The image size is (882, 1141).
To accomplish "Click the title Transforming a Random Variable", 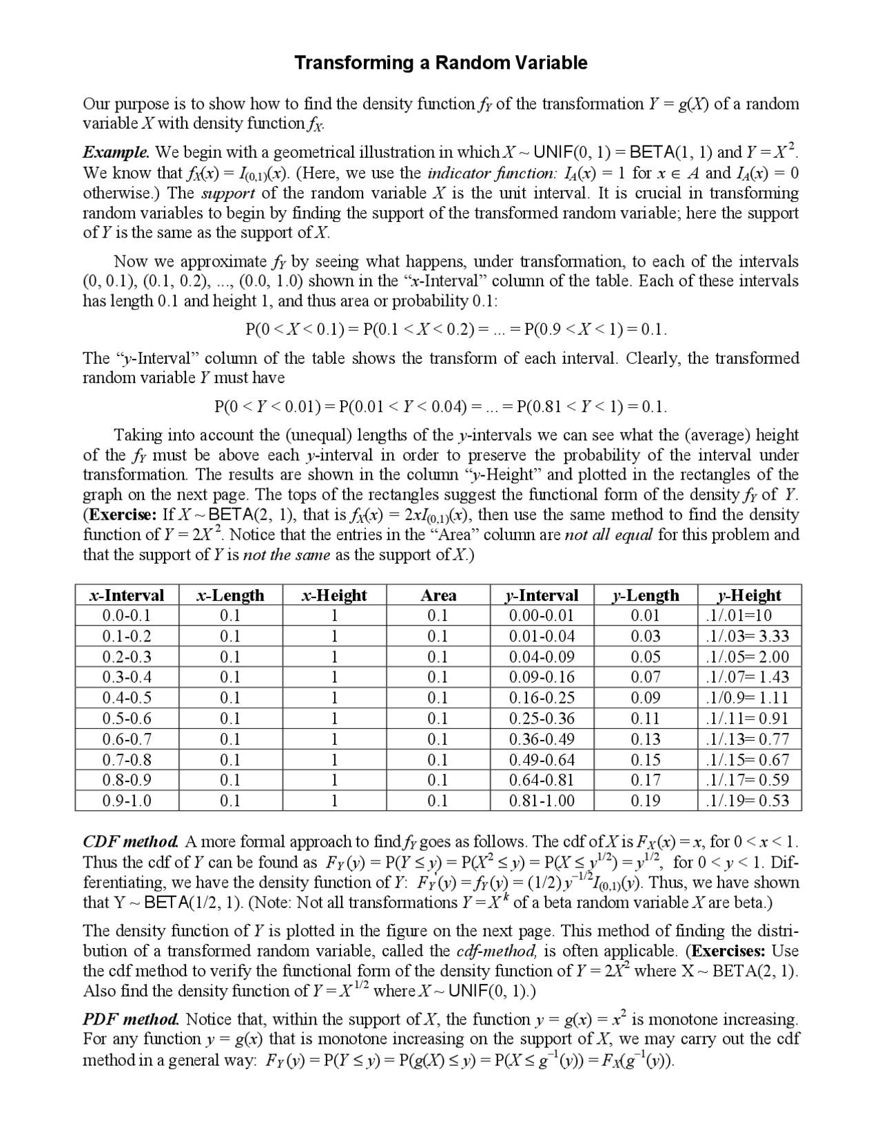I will tap(441, 63).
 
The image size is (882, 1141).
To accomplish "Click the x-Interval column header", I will tap(127, 595).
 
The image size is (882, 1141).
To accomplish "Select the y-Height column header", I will tap(749, 595).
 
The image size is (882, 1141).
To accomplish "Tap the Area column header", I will tap(438, 595).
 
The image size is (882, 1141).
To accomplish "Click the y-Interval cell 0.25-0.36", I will tap(542, 719).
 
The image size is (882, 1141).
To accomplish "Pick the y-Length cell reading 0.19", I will tap(646, 801).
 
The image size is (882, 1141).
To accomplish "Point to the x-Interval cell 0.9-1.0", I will tap(127, 801).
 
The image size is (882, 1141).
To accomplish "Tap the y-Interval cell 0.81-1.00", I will tap(542, 801).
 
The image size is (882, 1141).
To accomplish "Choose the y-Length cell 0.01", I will tap(646, 615).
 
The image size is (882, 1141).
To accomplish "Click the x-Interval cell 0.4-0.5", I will tap(127, 698).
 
